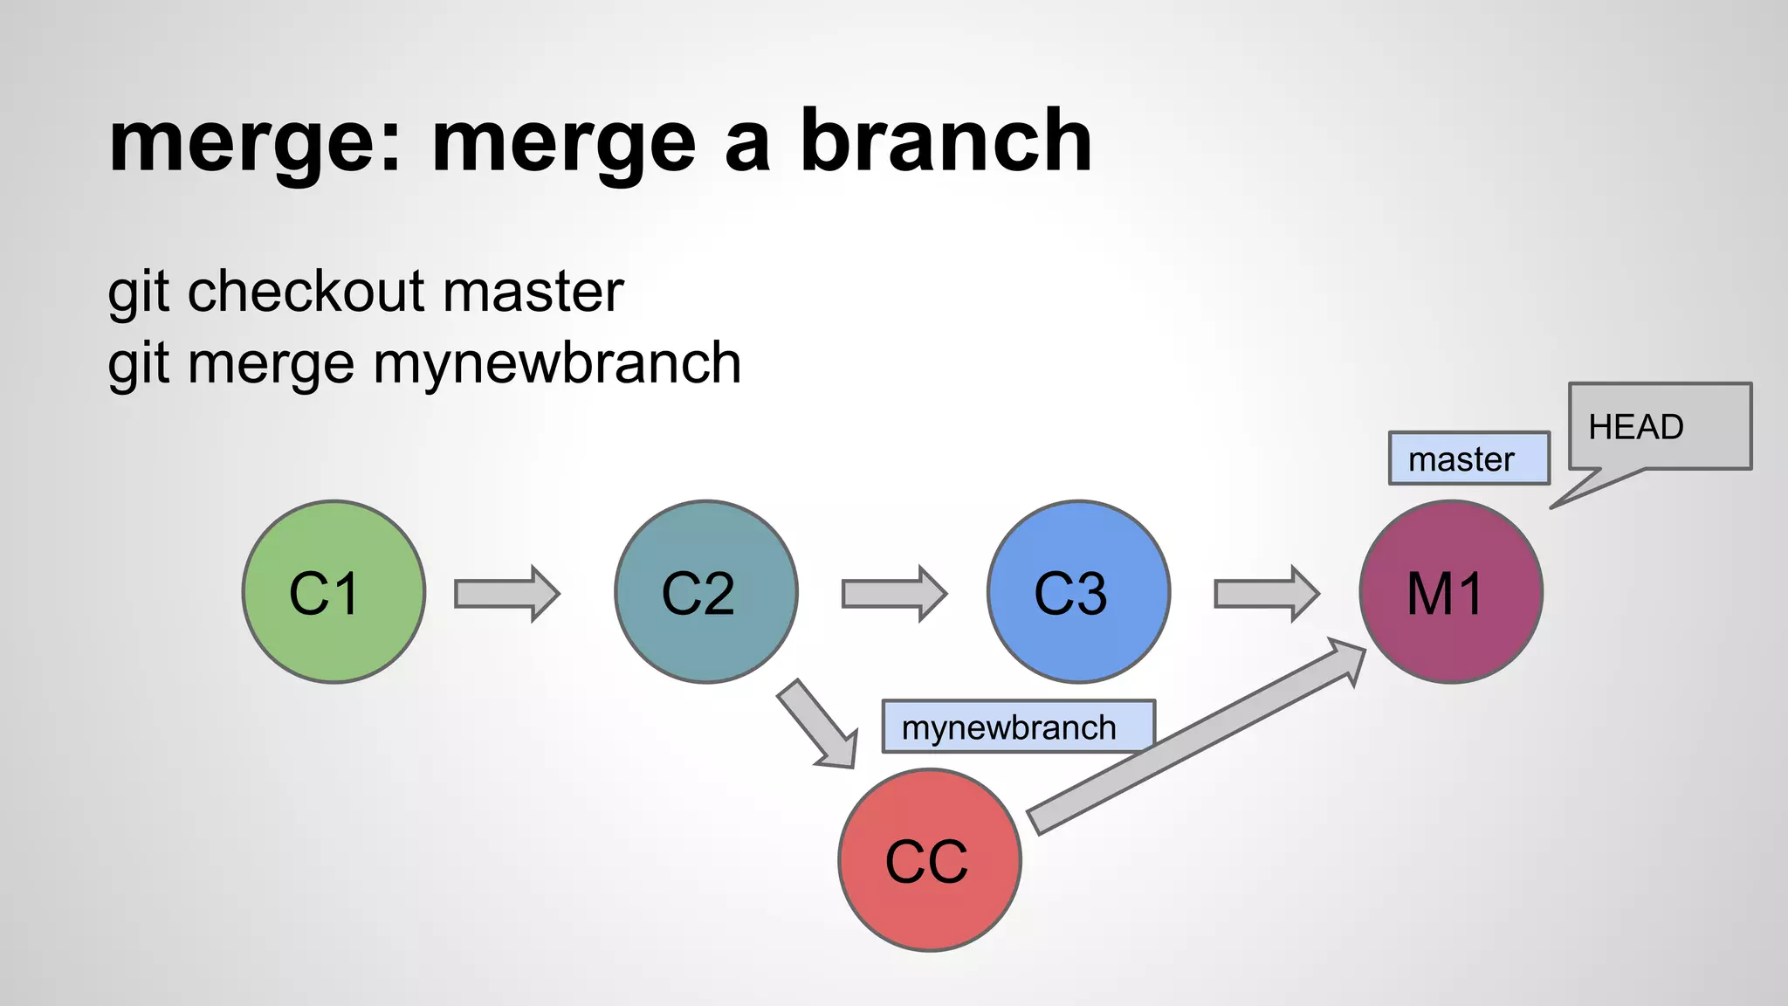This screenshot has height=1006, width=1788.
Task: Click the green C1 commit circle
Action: tap(334, 592)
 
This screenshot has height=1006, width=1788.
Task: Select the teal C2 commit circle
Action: tap(705, 592)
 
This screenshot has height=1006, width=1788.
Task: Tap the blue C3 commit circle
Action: tap(1078, 592)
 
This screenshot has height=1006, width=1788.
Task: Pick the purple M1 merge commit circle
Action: tap(1451, 592)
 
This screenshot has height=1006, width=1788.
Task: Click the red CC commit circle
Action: tap(929, 860)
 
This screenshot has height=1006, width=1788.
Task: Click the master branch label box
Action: tap(1468, 458)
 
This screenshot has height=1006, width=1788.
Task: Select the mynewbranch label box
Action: tap(1017, 727)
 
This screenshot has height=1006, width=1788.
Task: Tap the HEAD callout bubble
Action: tap(1659, 427)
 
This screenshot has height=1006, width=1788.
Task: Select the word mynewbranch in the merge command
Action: tap(557, 363)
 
